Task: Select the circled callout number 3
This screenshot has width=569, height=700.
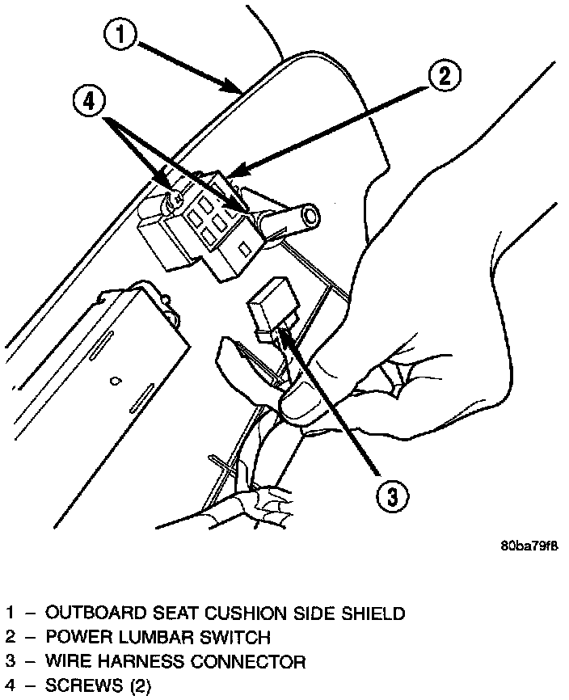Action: point(390,495)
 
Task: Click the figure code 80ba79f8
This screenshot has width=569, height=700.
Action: point(529,545)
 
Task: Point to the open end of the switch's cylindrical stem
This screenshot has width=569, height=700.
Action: point(309,216)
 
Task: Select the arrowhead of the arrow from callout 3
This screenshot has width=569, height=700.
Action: point(282,331)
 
